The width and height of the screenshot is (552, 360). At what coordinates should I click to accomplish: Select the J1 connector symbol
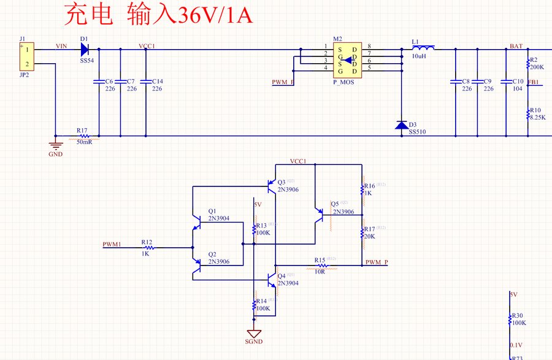(26, 57)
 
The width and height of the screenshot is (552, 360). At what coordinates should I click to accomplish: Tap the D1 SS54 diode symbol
(85, 48)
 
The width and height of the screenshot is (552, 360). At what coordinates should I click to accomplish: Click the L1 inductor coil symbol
(423, 48)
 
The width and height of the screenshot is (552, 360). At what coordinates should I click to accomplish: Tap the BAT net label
(516, 46)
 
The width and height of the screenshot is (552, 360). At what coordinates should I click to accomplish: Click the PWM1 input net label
(112, 244)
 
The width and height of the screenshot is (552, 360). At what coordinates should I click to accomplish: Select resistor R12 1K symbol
(147, 248)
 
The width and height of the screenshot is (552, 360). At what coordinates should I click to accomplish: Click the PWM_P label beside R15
(377, 262)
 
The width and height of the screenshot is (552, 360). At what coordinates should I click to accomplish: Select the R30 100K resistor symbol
(510, 319)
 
